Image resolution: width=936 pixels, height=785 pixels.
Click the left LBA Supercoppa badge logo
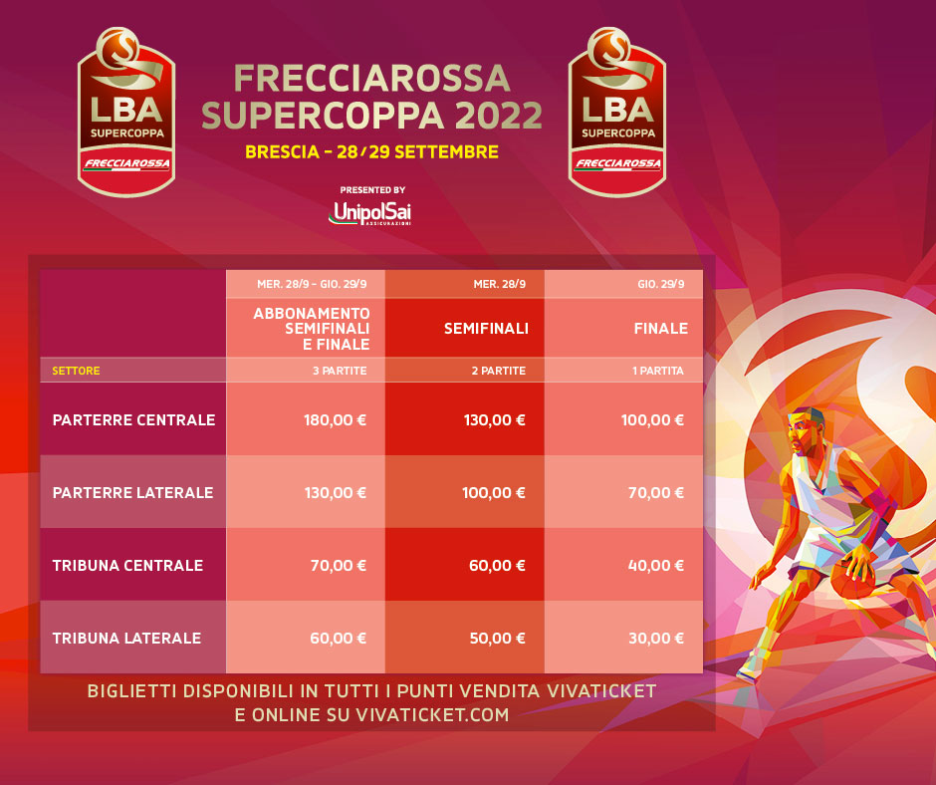coord(126,112)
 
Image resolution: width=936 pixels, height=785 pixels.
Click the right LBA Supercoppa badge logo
coord(617,112)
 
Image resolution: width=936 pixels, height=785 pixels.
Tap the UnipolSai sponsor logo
coord(370,213)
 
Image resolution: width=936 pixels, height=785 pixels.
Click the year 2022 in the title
coord(499,115)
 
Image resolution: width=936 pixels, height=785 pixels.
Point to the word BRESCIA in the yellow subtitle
coord(283,151)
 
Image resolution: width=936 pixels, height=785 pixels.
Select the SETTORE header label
coord(76,371)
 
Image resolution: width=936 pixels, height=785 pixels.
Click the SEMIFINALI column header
coord(486,328)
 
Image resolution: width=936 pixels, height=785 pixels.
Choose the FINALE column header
coord(661,328)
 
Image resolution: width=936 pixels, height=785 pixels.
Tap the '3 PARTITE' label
coord(340,371)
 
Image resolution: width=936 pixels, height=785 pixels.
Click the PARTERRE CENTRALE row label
coord(133,420)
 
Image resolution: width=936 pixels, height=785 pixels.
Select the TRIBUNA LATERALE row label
coord(126,638)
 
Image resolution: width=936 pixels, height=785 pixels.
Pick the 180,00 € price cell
coord(335,420)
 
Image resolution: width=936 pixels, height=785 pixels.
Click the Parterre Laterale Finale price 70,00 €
coord(656,493)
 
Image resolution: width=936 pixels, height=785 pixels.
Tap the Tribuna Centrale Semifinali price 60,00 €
coord(497,566)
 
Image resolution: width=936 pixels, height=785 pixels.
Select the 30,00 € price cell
coord(656,638)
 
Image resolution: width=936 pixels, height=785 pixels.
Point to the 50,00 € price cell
coord(497,638)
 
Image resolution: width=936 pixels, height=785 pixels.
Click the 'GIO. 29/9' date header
coord(661,284)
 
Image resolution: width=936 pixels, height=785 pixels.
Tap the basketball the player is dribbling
coord(853,578)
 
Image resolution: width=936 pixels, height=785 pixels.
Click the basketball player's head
coord(806,431)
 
